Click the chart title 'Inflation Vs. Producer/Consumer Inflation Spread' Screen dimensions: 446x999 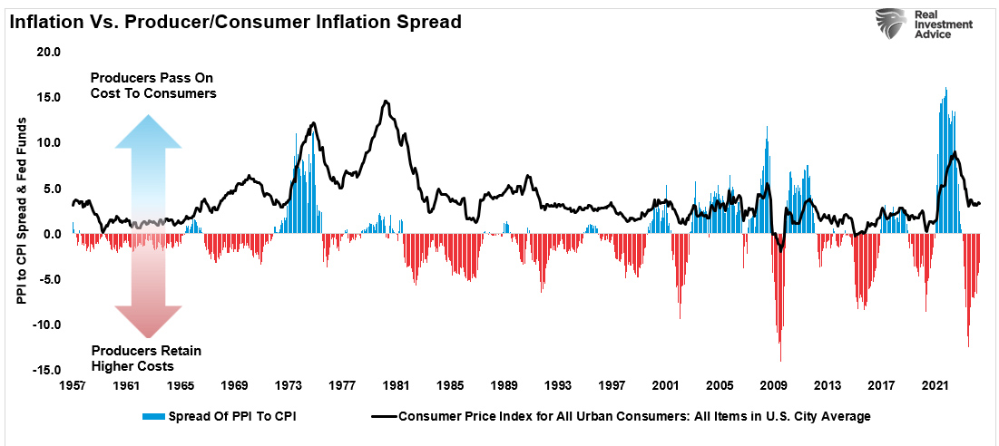234,21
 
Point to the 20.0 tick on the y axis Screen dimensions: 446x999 47,52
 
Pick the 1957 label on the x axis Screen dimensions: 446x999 73,385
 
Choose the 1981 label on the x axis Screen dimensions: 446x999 396,385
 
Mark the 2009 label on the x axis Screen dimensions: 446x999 773,385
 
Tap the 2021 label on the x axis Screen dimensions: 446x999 935,385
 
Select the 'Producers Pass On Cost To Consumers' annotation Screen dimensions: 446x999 152,86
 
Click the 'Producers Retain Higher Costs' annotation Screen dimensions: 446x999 146,358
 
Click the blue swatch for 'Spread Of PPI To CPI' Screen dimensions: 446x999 162,417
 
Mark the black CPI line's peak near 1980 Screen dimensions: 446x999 386,102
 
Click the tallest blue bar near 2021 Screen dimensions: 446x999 945,88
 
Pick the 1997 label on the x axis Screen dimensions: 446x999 612,385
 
